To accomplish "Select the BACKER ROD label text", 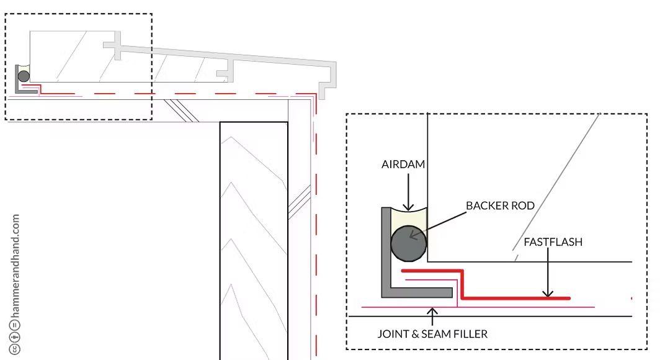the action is (500, 205).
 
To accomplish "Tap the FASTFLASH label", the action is (553, 241).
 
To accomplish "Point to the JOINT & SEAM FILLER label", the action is (432, 334).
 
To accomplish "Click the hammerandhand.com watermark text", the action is (16, 266).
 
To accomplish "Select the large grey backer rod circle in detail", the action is (408, 243).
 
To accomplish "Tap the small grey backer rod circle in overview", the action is (23, 76).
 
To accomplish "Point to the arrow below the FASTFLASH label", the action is (546, 273).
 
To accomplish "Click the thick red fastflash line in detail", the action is (515, 298).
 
